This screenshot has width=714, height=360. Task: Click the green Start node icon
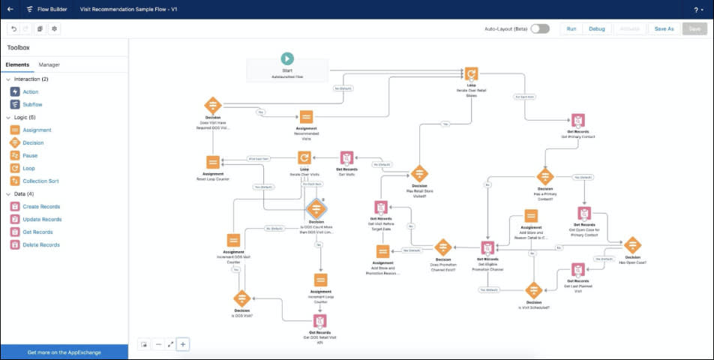point(286,58)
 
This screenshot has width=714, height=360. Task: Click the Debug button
point(596,28)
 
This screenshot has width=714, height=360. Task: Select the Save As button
point(664,28)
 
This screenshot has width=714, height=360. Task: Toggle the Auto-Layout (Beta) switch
point(540,28)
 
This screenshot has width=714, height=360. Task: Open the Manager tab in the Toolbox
point(49,65)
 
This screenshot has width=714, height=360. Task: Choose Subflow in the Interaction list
point(32,104)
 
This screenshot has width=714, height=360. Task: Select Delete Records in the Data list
point(41,244)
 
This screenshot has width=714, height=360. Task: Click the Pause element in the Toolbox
point(30,155)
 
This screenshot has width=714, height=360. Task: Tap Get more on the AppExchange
point(64,352)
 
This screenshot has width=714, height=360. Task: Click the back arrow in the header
point(10,9)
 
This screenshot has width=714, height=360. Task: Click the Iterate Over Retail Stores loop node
point(471,73)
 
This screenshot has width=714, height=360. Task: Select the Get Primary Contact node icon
point(577,121)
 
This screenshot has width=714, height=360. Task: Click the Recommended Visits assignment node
point(306,118)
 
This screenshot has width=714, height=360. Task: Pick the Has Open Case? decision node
point(633,244)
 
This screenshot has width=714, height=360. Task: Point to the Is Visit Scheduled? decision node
point(533,290)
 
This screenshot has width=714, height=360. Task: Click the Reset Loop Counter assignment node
point(213,162)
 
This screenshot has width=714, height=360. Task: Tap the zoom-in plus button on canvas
point(183,344)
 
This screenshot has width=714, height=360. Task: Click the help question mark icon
point(697,10)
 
